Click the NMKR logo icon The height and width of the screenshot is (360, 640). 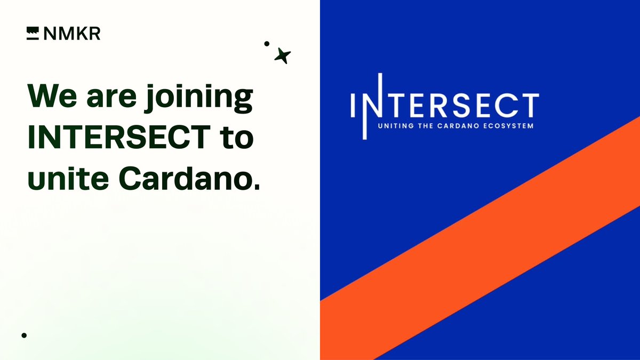(33, 34)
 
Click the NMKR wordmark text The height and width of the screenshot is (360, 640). (72, 34)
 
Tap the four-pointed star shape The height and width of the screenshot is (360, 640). (282, 55)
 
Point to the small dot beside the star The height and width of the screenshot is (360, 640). (267, 44)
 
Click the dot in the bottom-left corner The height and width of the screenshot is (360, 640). (24, 335)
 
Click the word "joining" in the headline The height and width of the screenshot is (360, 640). (199, 98)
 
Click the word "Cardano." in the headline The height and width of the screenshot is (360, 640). (190, 178)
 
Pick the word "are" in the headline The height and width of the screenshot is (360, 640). (111, 98)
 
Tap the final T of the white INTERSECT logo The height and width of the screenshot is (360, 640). (529, 106)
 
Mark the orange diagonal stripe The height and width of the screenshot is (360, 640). (480, 238)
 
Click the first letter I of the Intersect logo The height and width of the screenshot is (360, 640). (353, 105)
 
